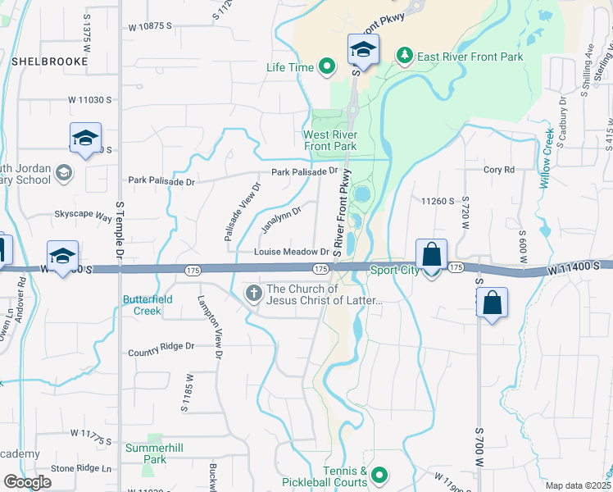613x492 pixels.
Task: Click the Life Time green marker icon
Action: [x=327, y=67]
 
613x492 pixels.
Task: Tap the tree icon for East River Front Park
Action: [x=403, y=56]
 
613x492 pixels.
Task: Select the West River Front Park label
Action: [x=330, y=140]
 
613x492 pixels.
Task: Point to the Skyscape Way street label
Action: [x=83, y=216]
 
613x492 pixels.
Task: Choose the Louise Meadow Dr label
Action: [x=291, y=253]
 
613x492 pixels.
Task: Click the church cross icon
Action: [x=255, y=293]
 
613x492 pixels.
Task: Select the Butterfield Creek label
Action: [x=148, y=305]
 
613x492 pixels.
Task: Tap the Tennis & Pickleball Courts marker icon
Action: [x=379, y=475]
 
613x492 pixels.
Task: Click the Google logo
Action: [x=27, y=482]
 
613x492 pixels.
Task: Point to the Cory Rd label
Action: [x=498, y=170]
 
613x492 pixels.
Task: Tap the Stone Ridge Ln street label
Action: [x=81, y=469]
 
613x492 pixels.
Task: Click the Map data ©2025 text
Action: [x=578, y=485]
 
